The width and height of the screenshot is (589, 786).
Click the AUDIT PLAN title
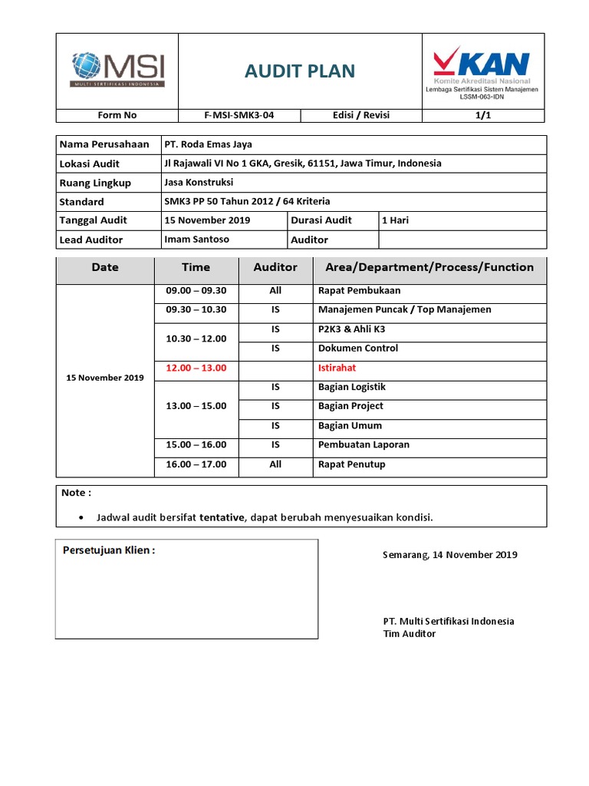[x=300, y=71]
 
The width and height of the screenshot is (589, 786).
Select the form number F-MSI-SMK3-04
[x=239, y=115]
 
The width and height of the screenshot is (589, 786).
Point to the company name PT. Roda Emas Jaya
[x=208, y=144]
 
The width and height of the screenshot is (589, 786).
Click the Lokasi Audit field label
[x=89, y=163]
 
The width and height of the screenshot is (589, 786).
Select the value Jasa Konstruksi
[x=199, y=183]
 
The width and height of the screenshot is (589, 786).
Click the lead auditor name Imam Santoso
[x=196, y=239]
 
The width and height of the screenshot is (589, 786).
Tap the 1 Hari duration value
[x=396, y=220]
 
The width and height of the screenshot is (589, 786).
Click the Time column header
[x=196, y=267]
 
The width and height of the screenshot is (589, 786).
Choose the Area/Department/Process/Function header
[x=429, y=267]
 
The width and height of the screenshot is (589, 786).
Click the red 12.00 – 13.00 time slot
[x=196, y=368]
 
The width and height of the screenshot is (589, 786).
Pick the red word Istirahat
[x=337, y=368]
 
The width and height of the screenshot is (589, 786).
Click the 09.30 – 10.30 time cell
[x=196, y=310]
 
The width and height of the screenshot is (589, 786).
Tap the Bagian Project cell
[x=350, y=406]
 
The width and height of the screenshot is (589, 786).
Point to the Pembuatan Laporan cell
[x=364, y=444]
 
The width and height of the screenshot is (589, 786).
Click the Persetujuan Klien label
[x=108, y=551]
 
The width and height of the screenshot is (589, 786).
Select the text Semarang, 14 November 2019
[x=449, y=555]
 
